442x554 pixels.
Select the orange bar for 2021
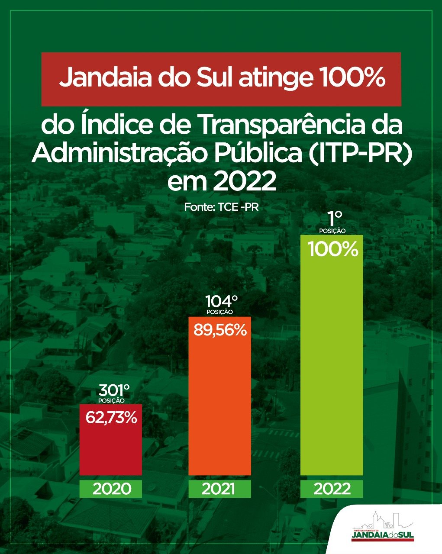(220, 396)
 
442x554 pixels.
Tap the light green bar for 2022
(332, 355)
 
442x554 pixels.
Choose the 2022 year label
(332, 489)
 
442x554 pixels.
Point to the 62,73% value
(111, 418)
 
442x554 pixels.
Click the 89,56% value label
(220, 330)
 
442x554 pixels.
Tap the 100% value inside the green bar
(333, 249)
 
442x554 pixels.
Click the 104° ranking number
(222, 302)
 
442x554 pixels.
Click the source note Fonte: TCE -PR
(221, 207)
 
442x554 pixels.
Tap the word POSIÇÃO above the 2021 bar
(220, 312)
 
